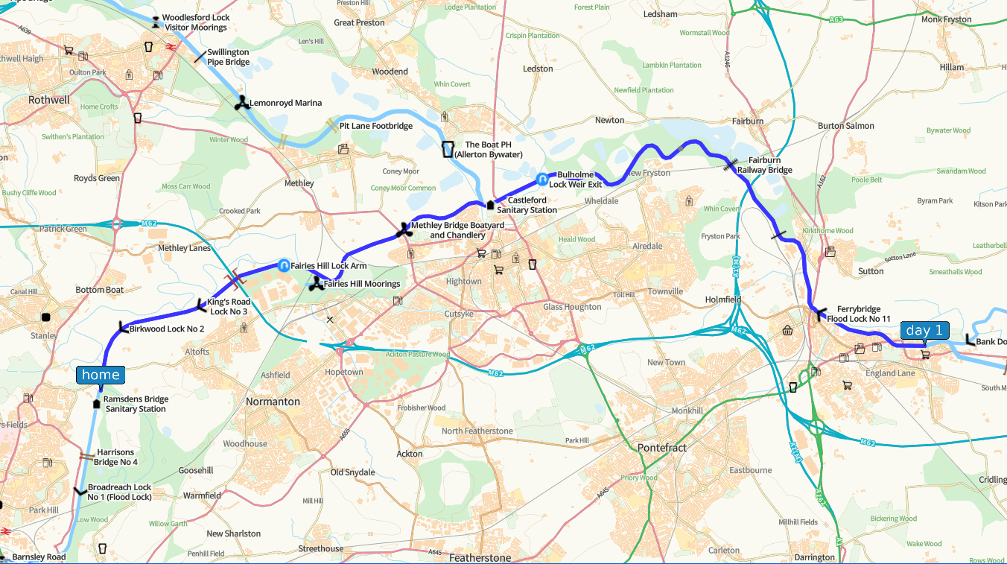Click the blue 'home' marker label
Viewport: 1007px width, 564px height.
101,375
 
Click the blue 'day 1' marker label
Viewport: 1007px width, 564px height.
924,330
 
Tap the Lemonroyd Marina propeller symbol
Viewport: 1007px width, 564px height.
241,104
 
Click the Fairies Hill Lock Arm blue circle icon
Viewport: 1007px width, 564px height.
284,265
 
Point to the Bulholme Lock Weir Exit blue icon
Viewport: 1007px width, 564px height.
542,179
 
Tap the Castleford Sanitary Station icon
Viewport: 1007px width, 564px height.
490,205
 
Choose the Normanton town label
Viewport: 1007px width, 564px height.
273,402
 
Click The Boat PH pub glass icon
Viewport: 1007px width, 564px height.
448,149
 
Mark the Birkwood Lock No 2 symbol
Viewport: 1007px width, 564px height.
123,328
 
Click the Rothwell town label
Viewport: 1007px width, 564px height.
49,100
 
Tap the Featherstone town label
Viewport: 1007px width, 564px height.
480,557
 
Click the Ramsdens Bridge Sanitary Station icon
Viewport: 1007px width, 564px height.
96,404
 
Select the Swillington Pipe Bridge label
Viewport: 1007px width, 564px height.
228,57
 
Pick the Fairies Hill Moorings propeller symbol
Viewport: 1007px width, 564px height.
316,284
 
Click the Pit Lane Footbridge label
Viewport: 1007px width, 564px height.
375,126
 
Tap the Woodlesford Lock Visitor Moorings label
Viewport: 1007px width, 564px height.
195,22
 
